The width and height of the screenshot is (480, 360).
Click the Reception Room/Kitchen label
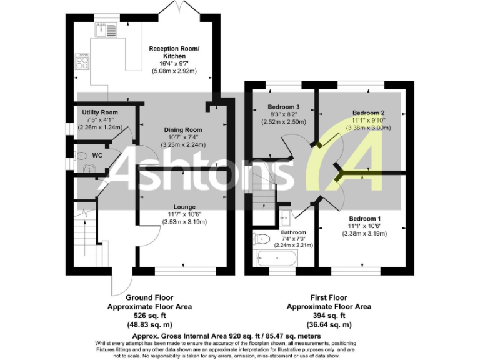174,52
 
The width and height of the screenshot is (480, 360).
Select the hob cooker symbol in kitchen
82,61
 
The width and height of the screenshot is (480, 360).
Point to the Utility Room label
100,112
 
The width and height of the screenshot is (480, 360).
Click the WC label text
97,154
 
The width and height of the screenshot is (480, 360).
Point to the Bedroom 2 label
364,112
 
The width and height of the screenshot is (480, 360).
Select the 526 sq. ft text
149,316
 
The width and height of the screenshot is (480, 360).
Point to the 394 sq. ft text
329,316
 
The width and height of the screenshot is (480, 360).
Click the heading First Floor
329,298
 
